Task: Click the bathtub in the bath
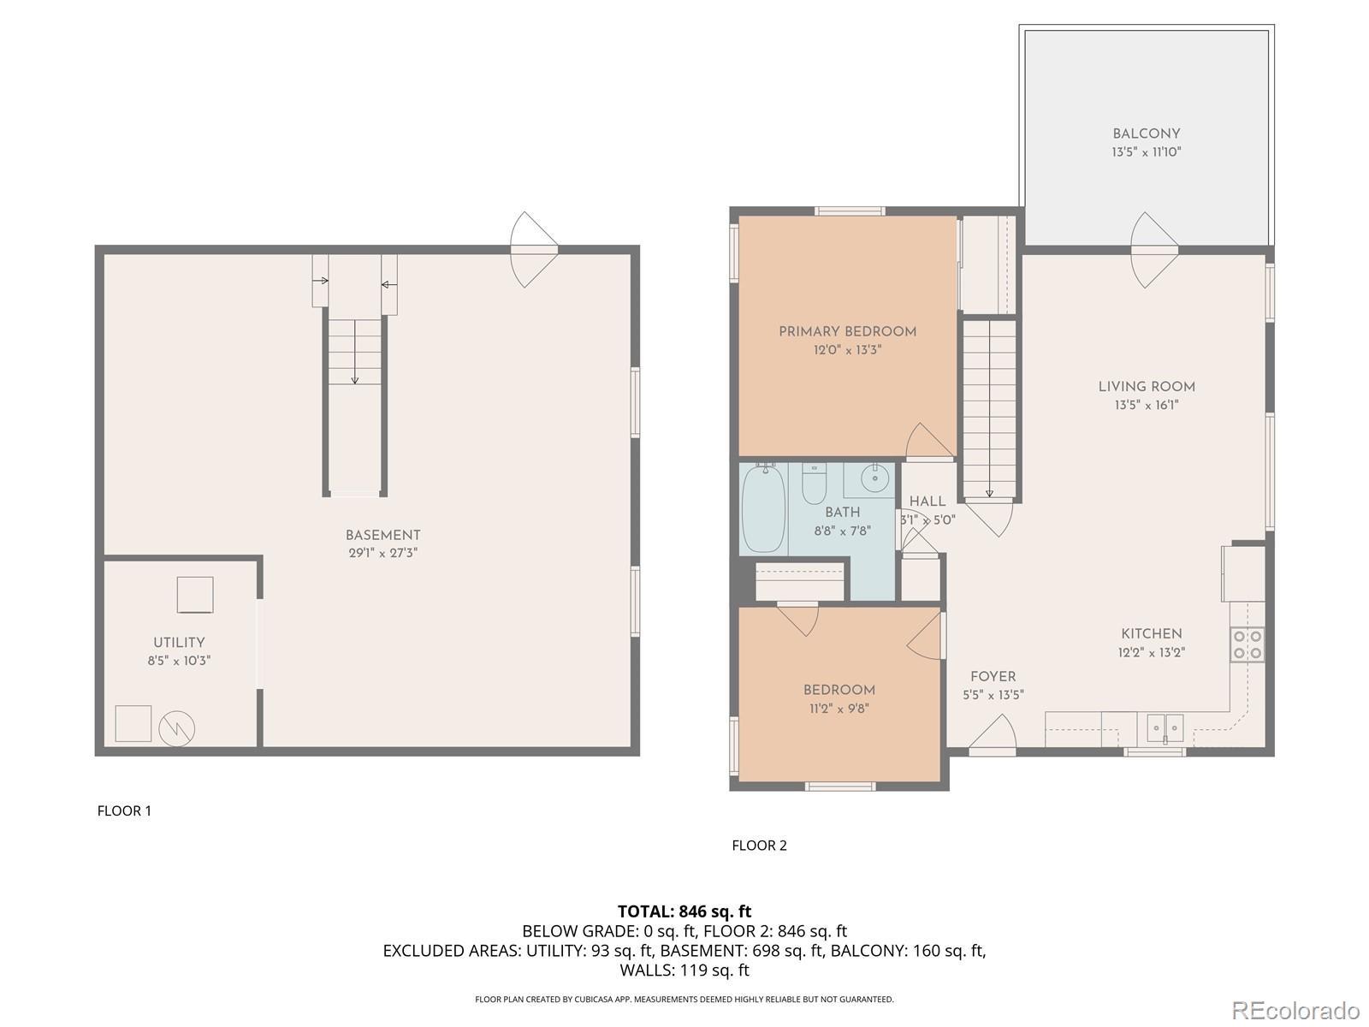click(763, 508)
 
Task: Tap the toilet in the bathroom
click(814, 483)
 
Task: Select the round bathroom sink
click(874, 478)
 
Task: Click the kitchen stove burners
click(1248, 644)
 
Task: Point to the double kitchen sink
click(1165, 727)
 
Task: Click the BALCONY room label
click(1147, 134)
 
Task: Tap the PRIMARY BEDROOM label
click(848, 332)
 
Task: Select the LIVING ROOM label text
click(1147, 387)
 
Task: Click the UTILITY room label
click(179, 642)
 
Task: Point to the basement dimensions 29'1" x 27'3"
click(383, 553)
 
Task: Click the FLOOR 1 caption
click(124, 810)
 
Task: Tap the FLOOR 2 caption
click(759, 846)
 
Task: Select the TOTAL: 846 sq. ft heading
click(684, 911)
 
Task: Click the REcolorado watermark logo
click(1296, 1010)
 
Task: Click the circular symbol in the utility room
click(176, 728)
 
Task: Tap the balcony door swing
click(1154, 250)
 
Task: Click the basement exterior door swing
click(534, 249)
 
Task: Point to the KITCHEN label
click(1152, 634)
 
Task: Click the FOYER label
click(993, 677)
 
